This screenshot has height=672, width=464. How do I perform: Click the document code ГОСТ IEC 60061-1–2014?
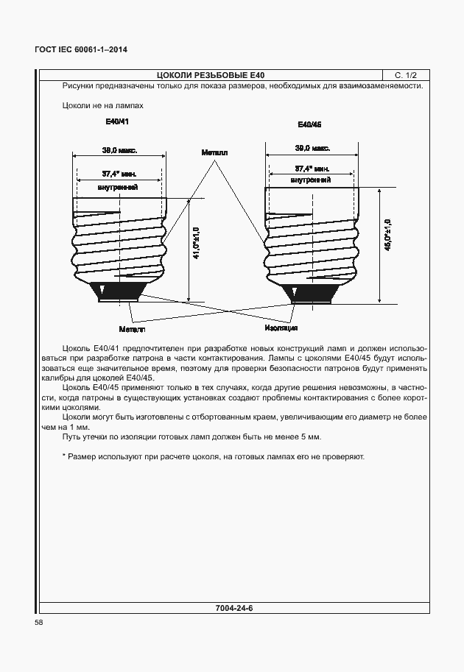tap(81, 50)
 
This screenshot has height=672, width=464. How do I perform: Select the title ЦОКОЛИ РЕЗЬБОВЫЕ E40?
tap(211, 75)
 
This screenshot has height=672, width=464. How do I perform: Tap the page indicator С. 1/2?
tap(406, 75)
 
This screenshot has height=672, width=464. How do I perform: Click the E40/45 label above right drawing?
tap(309, 124)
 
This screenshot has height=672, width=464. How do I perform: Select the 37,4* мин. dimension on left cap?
tap(118, 174)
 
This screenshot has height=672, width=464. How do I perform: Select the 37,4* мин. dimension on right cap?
tap(312, 169)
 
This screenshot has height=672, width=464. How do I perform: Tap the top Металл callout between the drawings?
tap(214, 152)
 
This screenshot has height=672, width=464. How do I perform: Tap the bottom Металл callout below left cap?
tap(130, 328)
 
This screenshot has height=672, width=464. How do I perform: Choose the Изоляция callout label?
tap(281, 328)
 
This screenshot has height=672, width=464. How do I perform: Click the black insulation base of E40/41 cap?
tap(118, 292)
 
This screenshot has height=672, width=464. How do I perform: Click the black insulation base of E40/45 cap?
tap(312, 293)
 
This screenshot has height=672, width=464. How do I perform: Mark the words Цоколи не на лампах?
tap(103, 106)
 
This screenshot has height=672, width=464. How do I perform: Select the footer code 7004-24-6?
tap(233, 609)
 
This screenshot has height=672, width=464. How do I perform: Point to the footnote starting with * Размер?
tap(214, 457)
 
